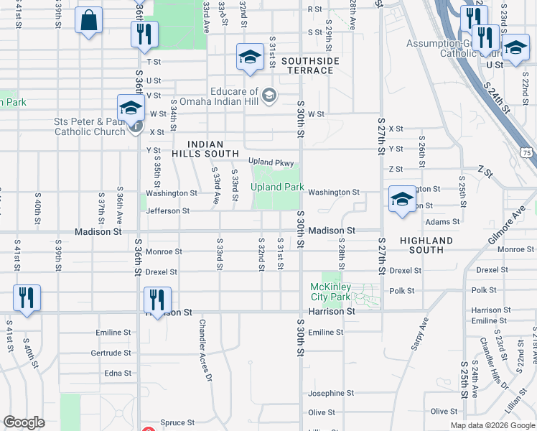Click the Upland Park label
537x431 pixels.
[x=278, y=187]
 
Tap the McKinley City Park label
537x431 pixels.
[x=330, y=292]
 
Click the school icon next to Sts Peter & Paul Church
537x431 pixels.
[x=131, y=108]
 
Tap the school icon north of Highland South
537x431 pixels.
[x=402, y=199]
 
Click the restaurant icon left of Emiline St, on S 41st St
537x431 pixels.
[x=27, y=298]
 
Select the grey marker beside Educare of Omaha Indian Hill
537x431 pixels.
[x=269, y=96]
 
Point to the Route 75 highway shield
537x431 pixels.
[x=528, y=153]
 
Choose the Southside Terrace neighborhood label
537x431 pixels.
[x=310, y=66]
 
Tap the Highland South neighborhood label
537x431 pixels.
[x=426, y=245]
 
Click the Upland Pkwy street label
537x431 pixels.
[x=271, y=162]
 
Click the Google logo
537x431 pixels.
[x=24, y=422]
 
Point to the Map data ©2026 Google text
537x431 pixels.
[x=492, y=425]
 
